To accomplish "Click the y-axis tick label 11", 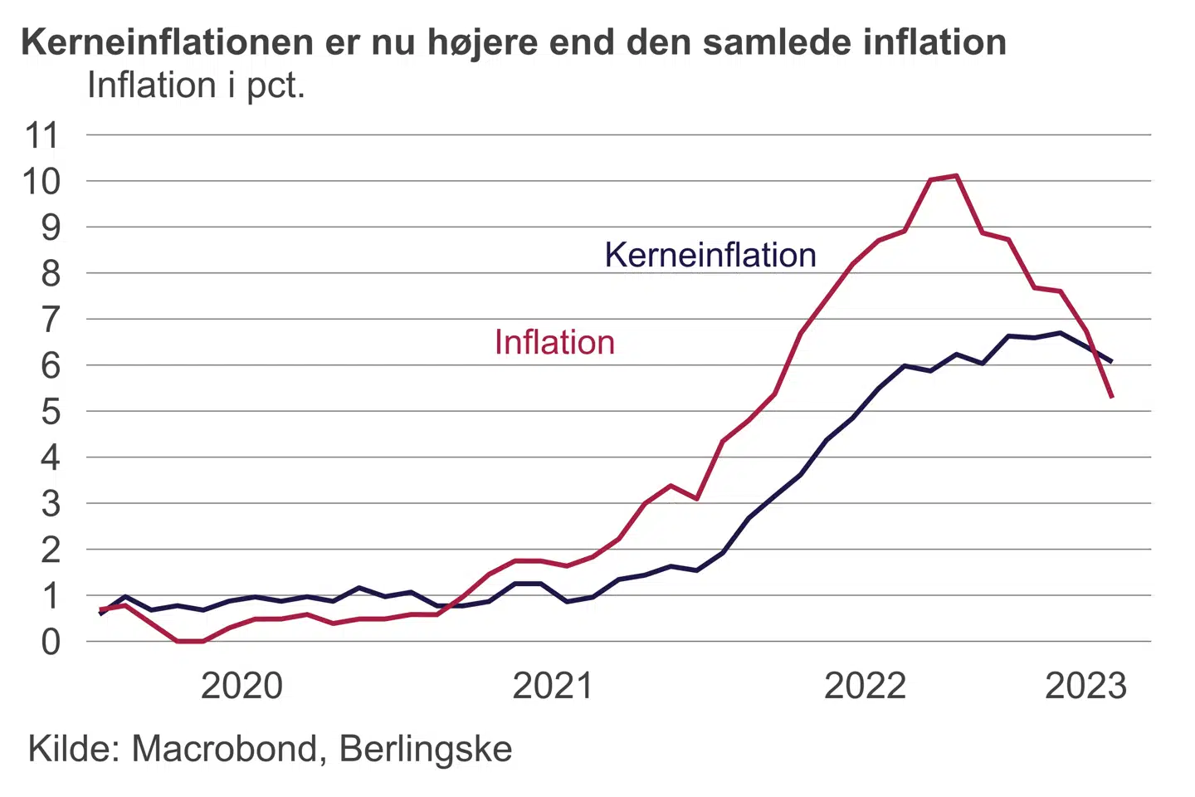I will (x=42, y=135).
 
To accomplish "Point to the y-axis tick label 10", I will (x=42, y=181).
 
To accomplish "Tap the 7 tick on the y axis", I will (x=51, y=320).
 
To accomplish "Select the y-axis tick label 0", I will (x=51, y=642).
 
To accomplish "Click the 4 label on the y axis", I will (x=51, y=457).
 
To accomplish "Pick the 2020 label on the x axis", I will (x=241, y=687).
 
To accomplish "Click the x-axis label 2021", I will (x=553, y=687).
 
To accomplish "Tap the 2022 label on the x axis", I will (x=865, y=687).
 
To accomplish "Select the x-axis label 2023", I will (x=1085, y=687).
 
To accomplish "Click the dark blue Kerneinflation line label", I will (x=710, y=255).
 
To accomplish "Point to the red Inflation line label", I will (x=554, y=343).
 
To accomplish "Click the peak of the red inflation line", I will (x=957, y=175).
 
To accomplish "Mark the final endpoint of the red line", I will (x=1112, y=397).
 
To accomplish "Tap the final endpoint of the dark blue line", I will (x=1111, y=361).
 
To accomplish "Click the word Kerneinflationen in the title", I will (x=167, y=42).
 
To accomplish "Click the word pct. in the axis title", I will (x=276, y=86).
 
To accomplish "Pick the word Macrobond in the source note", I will (x=224, y=749).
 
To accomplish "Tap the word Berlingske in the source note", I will (x=426, y=749).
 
